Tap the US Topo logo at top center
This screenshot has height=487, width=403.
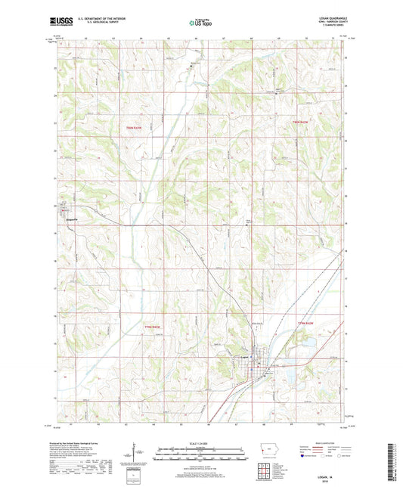pos(199,23)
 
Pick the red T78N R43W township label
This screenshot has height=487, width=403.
pos(153,326)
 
